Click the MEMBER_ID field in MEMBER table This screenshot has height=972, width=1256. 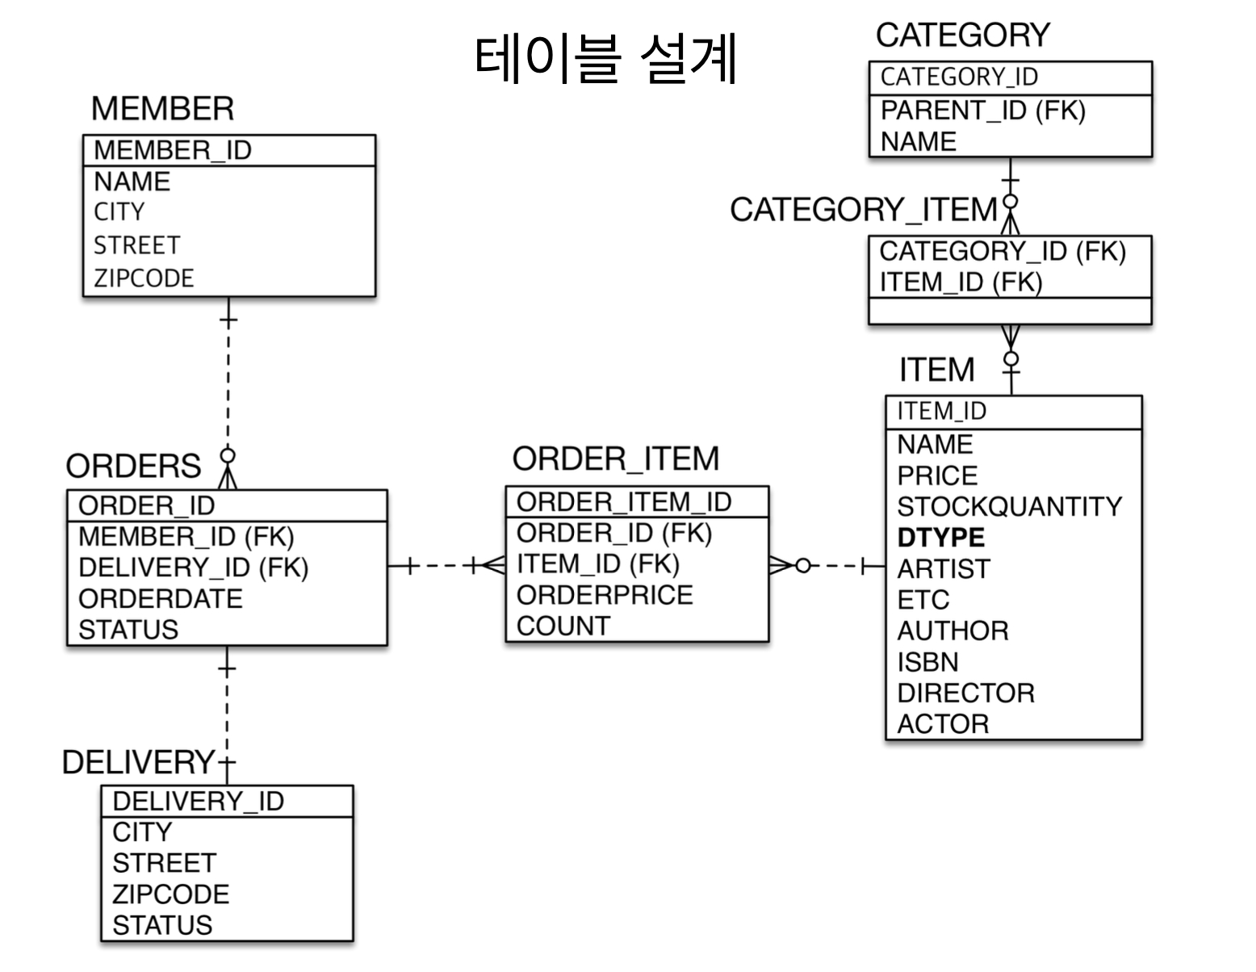click(x=173, y=150)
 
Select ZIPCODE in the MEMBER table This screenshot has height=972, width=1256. click(x=144, y=279)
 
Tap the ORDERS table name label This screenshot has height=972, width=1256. click(x=133, y=467)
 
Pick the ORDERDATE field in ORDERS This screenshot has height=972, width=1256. click(x=160, y=599)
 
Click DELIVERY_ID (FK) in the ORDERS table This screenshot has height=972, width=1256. click(x=193, y=568)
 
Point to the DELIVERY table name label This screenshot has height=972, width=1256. click(x=138, y=762)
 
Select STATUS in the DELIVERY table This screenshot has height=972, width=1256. click(x=162, y=925)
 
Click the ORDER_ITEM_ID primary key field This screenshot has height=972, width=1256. click(x=623, y=502)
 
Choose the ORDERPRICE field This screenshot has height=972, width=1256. click(x=605, y=595)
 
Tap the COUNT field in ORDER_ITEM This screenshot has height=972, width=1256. click(x=563, y=626)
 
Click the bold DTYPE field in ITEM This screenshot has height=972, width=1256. click(x=940, y=538)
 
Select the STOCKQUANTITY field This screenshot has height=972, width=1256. click(x=1009, y=507)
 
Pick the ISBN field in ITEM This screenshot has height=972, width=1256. click(x=927, y=662)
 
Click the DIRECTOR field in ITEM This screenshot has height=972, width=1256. click(x=965, y=693)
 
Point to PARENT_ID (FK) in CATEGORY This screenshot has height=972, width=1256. click(x=982, y=110)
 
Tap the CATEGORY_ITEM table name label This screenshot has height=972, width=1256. click(x=863, y=210)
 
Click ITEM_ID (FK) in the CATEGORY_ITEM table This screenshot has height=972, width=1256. click(x=961, y=283)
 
